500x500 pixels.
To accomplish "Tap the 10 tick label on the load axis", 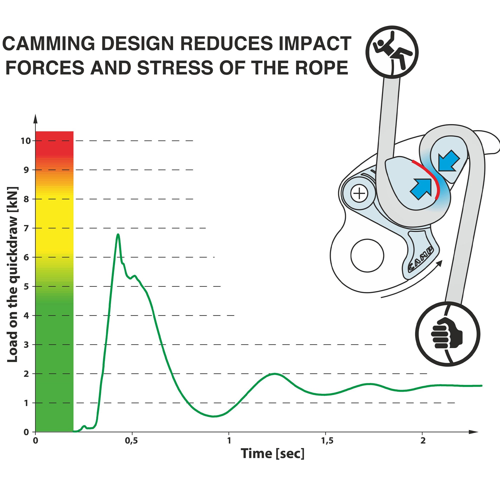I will [26, 141].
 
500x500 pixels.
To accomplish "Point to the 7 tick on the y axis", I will [26, 228].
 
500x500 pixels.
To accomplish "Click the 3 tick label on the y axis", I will [26, 345].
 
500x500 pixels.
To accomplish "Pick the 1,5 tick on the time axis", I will [327, 440].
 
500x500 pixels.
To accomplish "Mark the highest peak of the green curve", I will [118, 234].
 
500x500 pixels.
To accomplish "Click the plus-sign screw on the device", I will [359, 193].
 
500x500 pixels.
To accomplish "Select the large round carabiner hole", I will [367, 255].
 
